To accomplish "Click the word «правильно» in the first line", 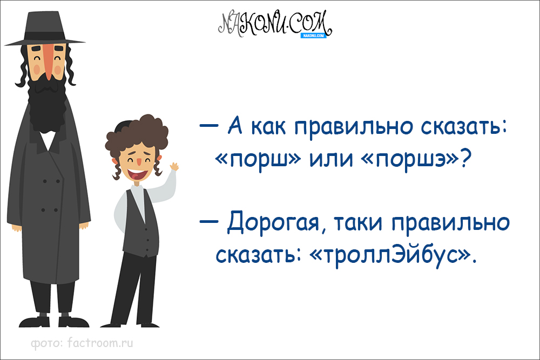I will tap(352, 129).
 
